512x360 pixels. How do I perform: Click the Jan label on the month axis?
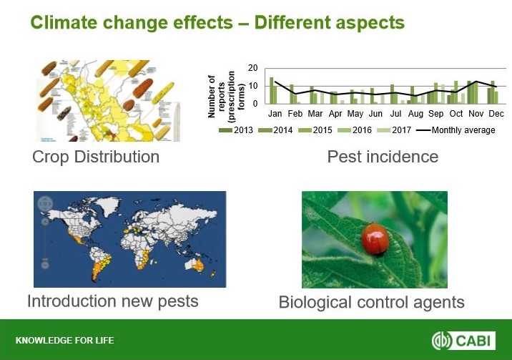(x=275, y=114)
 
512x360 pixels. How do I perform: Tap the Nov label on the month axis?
(x=476, y=114)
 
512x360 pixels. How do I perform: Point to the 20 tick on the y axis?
(x=252, y=68)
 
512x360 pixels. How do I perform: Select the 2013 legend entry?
(x=236, y=130)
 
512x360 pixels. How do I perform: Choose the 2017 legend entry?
(x=394, y=130)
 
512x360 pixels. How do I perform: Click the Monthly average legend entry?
(x=456, y=130)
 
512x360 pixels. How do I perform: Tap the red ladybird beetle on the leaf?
(x=375, y=239)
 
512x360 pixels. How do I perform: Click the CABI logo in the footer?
(x=463, y=341)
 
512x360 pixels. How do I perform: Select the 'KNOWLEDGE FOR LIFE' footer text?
(x=64, y=341)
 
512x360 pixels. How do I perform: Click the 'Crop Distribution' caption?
(x=96, y=157)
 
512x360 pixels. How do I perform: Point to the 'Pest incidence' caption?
(x=383, y=157)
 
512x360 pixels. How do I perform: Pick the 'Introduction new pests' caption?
(x=113, y=301)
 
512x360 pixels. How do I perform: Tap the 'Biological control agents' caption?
(x=372, y=302)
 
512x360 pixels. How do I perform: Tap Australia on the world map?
(x=195, y=265)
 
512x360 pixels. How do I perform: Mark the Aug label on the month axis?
(x=415, y=114)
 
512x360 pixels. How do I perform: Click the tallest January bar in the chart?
(x=271, y=90)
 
